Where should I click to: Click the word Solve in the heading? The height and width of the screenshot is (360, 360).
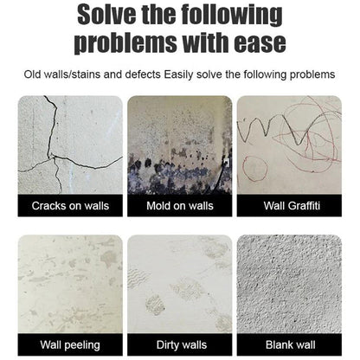point(104,15)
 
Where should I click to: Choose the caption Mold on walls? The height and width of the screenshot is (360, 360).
point(180,206)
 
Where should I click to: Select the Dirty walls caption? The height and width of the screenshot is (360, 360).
point(180,344)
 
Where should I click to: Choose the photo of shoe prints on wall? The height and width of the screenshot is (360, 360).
point(180,281)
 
